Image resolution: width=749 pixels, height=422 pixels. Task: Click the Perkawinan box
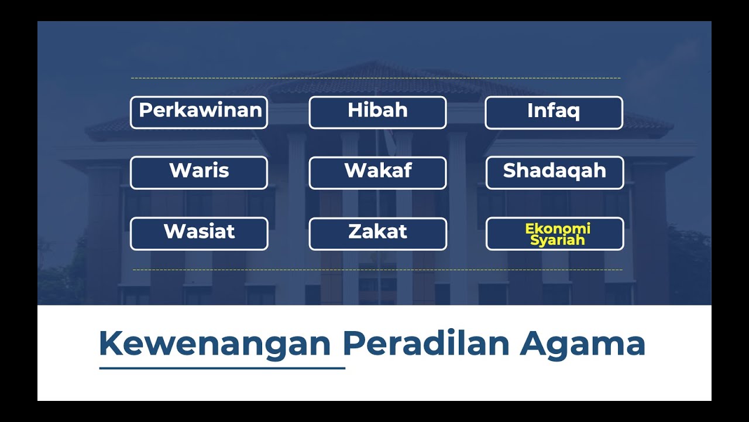[x=199, y=113]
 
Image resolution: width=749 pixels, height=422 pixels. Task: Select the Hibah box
[x=377, y=113]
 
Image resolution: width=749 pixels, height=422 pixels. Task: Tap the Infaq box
[x=554, y=113]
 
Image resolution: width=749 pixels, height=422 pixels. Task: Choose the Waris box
[x=199, y=173]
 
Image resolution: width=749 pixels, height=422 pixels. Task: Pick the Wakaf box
[x=377, y=173]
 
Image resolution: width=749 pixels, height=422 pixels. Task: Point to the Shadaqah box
[x=555, y=173]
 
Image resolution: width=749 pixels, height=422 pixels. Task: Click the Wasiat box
[x=199, y=234]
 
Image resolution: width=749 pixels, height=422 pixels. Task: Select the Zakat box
[x=377, y=234]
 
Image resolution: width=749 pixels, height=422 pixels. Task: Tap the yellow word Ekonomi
[x=558, y=228]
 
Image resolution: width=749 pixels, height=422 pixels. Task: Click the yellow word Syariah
[x=558, y=240]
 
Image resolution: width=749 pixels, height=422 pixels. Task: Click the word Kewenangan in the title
[x=215, y=343]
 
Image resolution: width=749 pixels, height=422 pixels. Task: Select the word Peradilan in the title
[x=426, y=343]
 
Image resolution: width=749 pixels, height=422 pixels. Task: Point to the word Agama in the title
[x=582, y=343]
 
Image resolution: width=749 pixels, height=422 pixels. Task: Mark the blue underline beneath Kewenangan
[x=222, y=368]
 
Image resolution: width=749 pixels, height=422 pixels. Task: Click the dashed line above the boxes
[x=375, y=78]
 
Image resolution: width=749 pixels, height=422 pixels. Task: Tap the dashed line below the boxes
[x=377, y=270]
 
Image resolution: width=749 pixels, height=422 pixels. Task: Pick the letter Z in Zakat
[x=355, y=232]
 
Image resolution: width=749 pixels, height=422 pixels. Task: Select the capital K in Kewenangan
[x=112, y=343]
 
